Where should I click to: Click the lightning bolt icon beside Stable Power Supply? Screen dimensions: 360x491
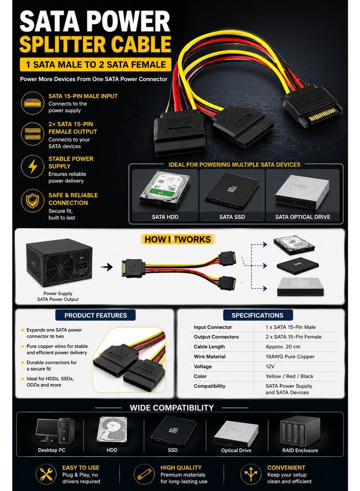point(33,166)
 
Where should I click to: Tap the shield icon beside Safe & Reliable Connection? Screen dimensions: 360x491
point(32,201)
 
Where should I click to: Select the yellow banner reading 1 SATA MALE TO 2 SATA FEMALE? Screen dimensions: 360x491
point(95,64)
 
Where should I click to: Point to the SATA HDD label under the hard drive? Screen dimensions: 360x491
point(165,216)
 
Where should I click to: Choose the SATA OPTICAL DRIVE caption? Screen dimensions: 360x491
point(302,216)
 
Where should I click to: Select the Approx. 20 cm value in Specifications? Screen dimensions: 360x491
point(283,347)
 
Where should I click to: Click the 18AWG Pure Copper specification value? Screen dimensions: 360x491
point(290,356)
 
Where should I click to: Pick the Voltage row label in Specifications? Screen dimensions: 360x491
point(202,366)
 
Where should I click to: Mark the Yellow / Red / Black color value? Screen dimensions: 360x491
point(289,376)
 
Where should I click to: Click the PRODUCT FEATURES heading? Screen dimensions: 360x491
point(95,315)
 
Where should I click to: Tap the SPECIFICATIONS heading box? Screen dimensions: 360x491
point(257,315)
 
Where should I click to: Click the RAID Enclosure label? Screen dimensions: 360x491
point(300,450)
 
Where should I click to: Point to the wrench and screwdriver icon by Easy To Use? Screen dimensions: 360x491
point(46,474)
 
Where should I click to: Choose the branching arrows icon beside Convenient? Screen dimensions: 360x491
point(251,474)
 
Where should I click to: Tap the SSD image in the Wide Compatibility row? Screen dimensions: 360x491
point(173,430)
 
